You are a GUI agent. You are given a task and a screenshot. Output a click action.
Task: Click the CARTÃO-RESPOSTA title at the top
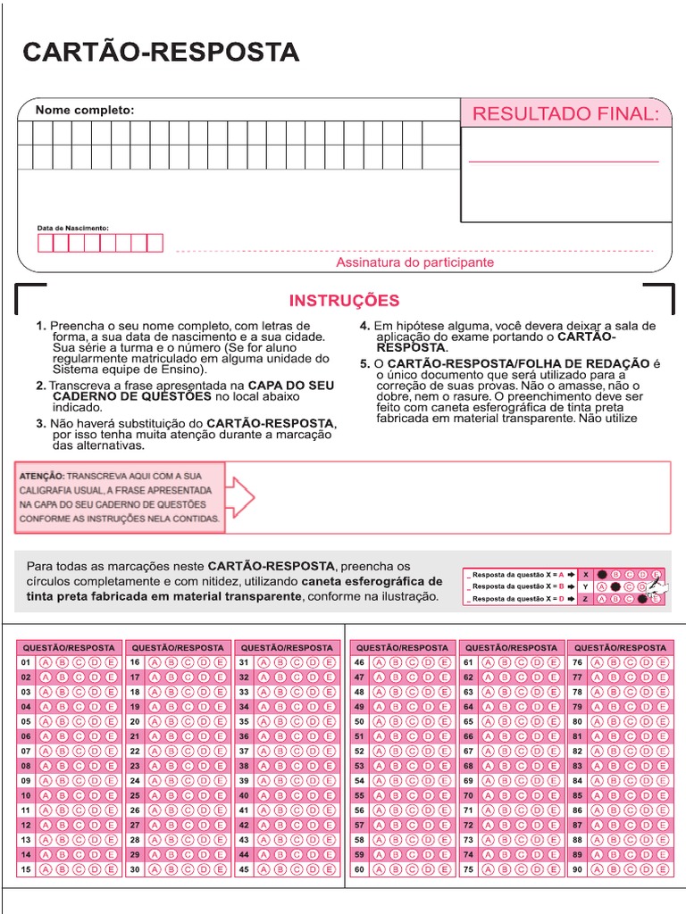161,52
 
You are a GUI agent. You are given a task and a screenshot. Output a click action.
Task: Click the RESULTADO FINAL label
565,113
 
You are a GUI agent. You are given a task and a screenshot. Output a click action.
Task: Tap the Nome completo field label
84,110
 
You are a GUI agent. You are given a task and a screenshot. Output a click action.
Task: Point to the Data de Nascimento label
72,228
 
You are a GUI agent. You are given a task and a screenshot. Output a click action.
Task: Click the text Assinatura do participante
414,262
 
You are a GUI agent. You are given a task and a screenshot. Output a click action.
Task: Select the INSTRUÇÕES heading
344,301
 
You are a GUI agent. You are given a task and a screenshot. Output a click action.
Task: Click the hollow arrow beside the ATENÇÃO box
242,497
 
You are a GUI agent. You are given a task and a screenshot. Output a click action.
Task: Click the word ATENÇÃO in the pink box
41,477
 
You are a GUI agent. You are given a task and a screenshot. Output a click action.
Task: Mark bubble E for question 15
111,868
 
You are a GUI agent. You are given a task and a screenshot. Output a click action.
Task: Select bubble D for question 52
425,751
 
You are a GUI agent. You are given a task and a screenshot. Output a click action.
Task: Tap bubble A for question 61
489,662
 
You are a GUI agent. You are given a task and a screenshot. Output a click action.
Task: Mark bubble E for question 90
662,868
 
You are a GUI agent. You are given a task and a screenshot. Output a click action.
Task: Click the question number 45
243,868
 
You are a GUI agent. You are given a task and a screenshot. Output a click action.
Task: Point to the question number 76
578,662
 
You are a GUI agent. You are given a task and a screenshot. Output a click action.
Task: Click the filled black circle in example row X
603,574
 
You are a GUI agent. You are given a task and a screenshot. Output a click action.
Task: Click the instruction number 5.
364,363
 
